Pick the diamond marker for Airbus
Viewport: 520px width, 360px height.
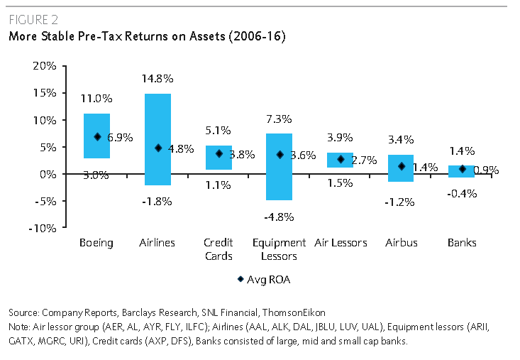(401, 166)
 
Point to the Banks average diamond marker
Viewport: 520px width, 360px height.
(462, 169)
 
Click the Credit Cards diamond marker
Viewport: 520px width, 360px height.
(218, 153)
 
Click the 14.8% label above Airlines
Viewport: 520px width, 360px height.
(157, 79)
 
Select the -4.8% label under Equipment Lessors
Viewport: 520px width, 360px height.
(279, 217)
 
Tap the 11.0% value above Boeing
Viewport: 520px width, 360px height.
(96, 99)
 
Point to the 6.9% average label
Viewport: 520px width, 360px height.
(119, 138)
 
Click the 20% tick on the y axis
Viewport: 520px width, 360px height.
(45, 66)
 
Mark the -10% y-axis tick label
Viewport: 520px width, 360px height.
(43, 228)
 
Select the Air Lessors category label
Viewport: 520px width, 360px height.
(340, 243)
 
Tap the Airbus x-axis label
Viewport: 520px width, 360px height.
(401, 243)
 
